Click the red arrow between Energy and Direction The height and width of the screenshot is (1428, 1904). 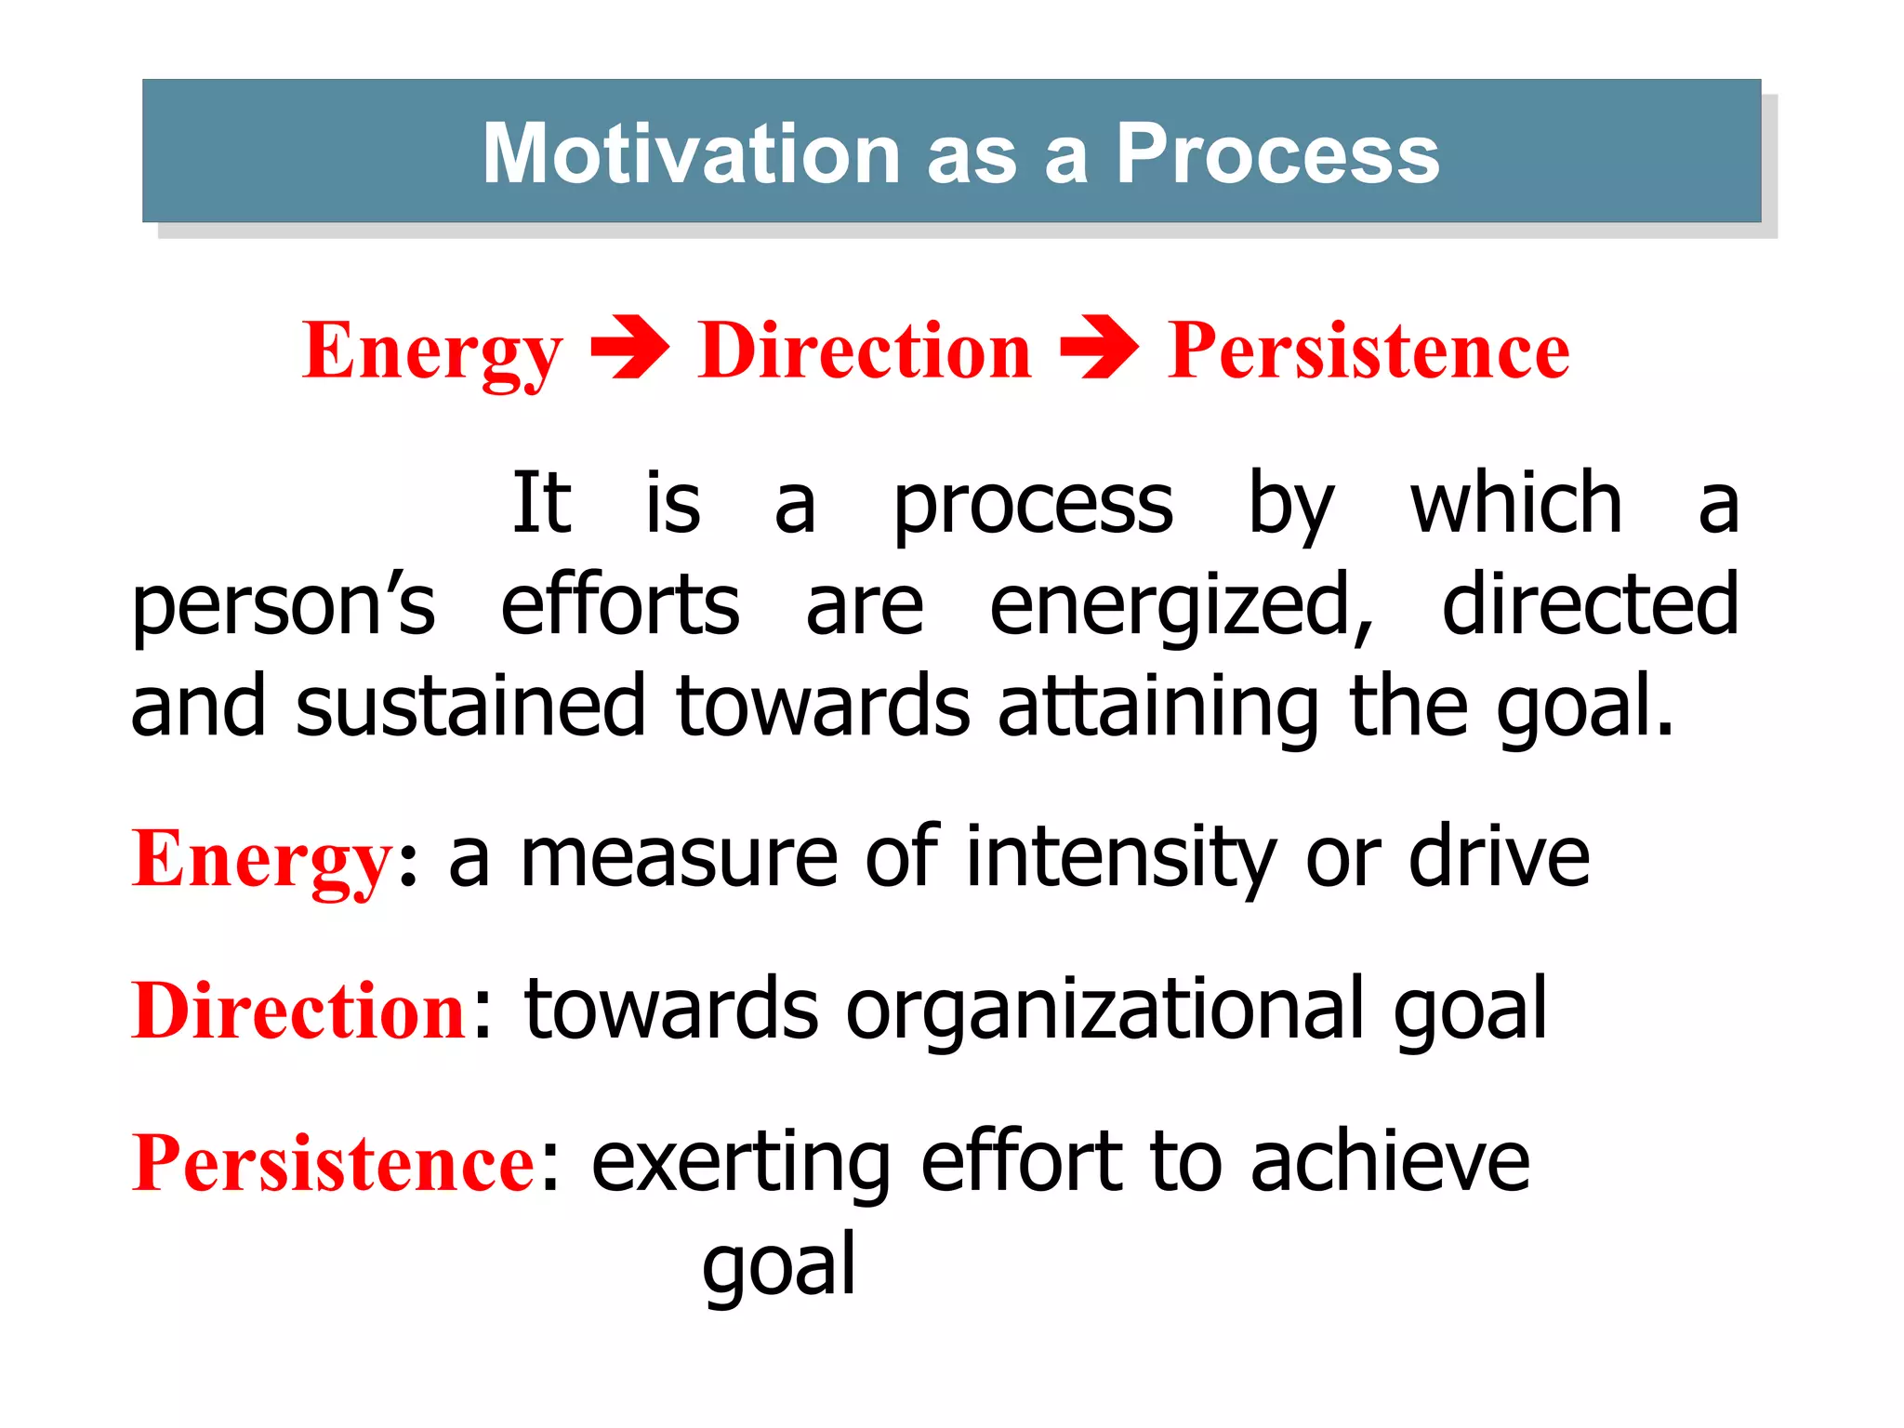point(629,349)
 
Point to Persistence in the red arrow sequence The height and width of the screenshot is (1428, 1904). point(1368,350)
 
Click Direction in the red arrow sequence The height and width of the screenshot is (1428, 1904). point(865,350)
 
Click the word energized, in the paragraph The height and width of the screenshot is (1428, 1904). point(1181,607)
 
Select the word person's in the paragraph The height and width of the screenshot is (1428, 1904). point(284,607)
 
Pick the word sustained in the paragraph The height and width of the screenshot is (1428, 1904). point(469,707)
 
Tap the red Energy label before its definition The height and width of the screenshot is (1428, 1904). point(263,860)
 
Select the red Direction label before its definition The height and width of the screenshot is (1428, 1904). point(299,1011)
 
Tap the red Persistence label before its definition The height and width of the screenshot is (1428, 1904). point(334,1163)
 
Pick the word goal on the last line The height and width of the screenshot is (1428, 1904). point(779,1266)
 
